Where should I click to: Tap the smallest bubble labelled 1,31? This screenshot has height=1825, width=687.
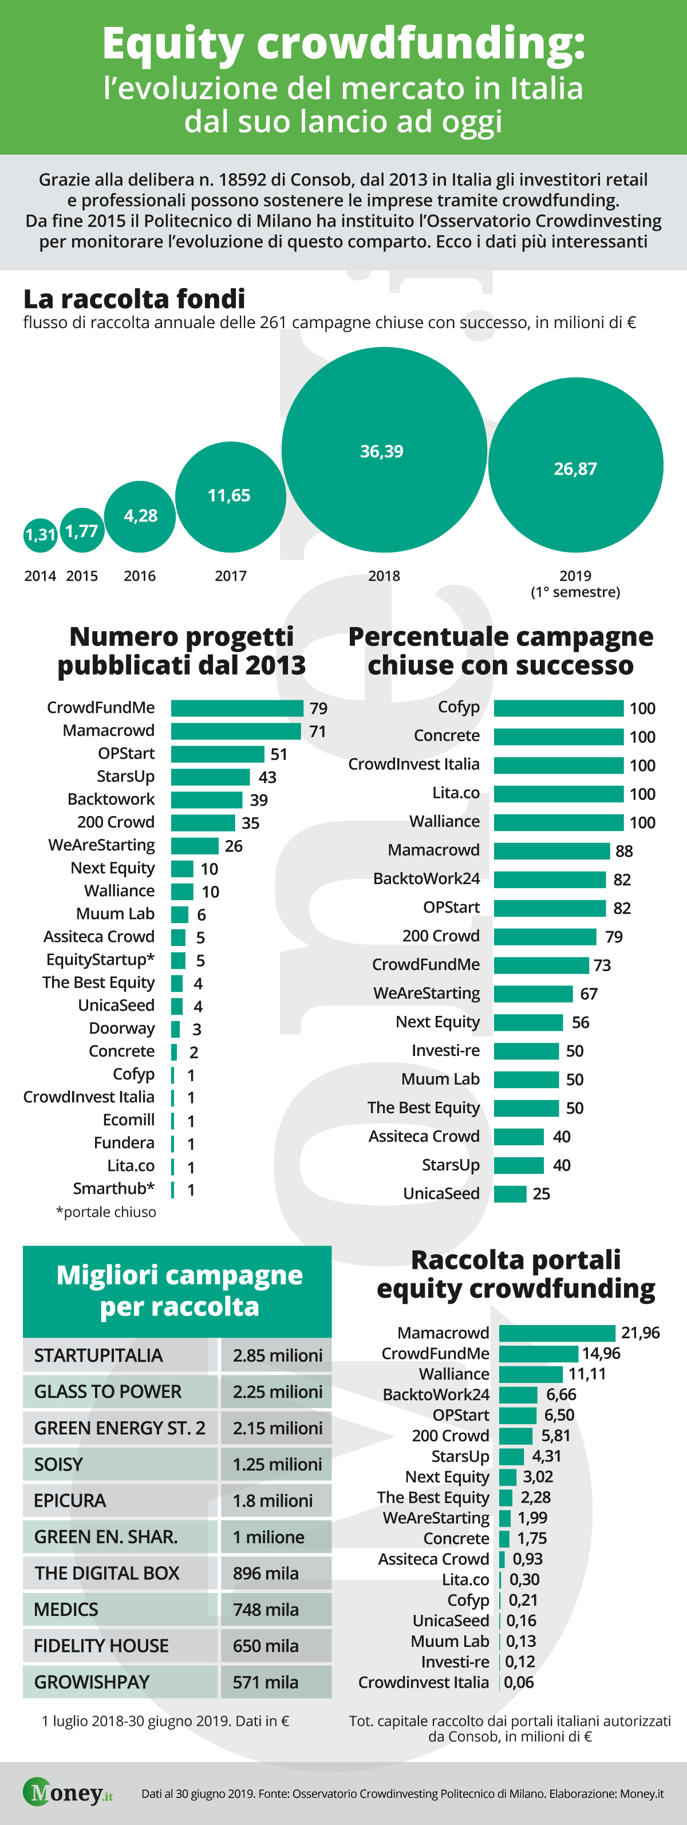[x=41, y=534]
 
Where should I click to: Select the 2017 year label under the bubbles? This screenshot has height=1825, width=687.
[x=231, y=576]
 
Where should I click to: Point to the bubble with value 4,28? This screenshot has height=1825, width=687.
[x=140, y=517]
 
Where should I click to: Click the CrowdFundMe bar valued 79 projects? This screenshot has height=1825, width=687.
[x=236, y=708]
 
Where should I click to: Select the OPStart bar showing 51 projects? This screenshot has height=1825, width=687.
[x=218, y=754]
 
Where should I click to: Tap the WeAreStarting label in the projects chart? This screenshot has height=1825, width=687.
[x=101, y=845]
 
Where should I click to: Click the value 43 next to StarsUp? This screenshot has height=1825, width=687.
[x=267, y=777]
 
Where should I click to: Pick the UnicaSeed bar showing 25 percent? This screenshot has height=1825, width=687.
[x=510, y=1194]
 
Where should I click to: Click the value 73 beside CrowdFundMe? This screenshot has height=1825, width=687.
[x=602, y=965]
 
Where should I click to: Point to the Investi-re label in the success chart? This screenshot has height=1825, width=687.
[x=445, y=1051]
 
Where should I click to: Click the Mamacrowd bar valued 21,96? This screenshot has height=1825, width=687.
[x=558, y=1333]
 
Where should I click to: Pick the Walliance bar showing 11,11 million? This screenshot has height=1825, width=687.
[x=531, y=1374]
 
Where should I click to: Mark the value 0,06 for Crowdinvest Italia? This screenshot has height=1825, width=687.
[x=519, y=1682]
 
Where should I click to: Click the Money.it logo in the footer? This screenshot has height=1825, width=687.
[x=68, y=1793]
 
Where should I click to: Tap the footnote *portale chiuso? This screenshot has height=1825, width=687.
[x=106, y=1212]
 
